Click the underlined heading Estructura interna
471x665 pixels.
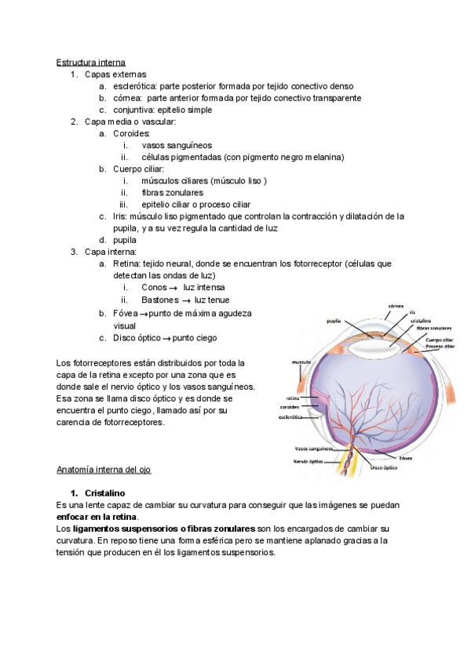click(x=90, y=62)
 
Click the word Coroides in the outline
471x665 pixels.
click(x=132, y=134)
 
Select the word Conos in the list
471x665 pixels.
click(x=155, y=288)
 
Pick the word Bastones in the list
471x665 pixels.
click(x=160, y=300)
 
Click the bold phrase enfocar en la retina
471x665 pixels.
click(x=97, y=517)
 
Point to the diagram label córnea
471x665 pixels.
click(x=396, y=305)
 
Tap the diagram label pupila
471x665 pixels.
click(x=333, y=321)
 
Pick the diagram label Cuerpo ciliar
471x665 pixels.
click(x=439, y=340)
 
